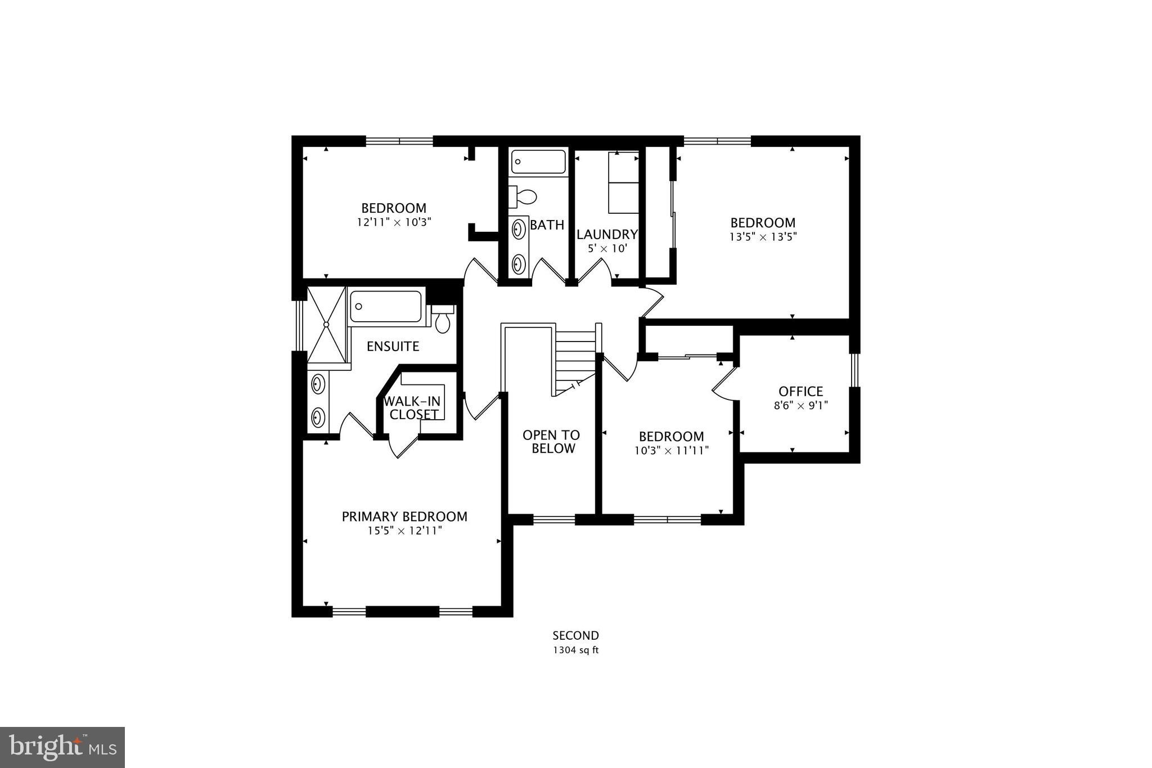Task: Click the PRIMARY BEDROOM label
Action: click(x=404, y=517)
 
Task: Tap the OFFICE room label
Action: click(x=800, y=391)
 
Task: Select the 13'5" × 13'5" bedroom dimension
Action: click(x=763, y=237)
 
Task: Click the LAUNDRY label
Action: click(x=607, y=234)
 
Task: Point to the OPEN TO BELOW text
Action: click(x=551, y=442)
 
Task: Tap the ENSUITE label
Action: click(x=393, y=346)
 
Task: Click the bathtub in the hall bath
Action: click(x=538, y=161)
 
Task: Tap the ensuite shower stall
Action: click(x=326, y=325)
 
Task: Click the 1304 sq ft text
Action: click(x=575, y=650)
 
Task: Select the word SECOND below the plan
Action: click(x=575, y=636)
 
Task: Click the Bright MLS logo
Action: click(x=62, y=747)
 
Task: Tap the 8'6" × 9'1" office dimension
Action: click(x=800, y=405)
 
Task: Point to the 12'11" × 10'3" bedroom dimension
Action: click(x=394, y=222)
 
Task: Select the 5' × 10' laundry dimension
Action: click(x=607, y=248)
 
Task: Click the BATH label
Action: click(x=547, y=225)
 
